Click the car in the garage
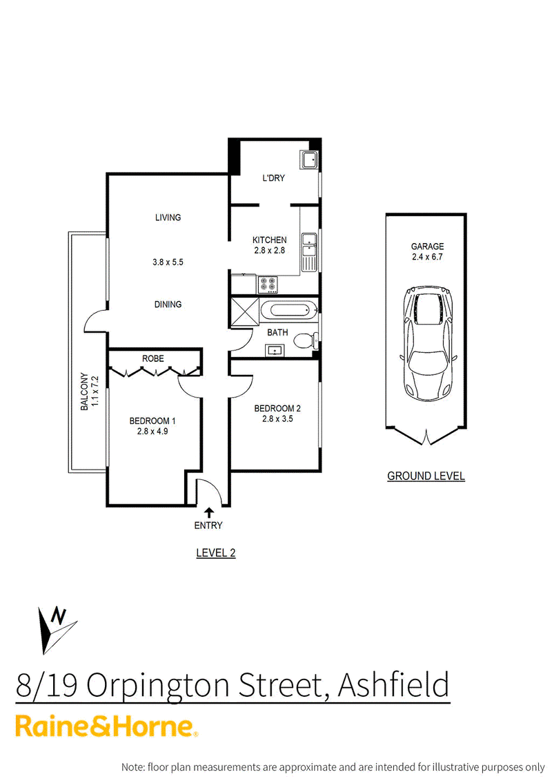pos(427,344)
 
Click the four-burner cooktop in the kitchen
pos(268,284)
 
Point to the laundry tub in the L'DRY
pos(308,160)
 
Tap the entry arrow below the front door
pos(208,513)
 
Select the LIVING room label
pos(168,217)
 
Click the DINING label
pos(168,305)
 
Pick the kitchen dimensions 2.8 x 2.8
pos(269,251)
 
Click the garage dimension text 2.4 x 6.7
pos(427,257)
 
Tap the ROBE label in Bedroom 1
pos(152,358)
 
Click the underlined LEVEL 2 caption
pos(215,553)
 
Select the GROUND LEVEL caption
pos(426,476)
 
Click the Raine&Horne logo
pos(106,727)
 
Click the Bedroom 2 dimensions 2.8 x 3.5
pos(277,419)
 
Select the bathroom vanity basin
pos(274,351)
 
